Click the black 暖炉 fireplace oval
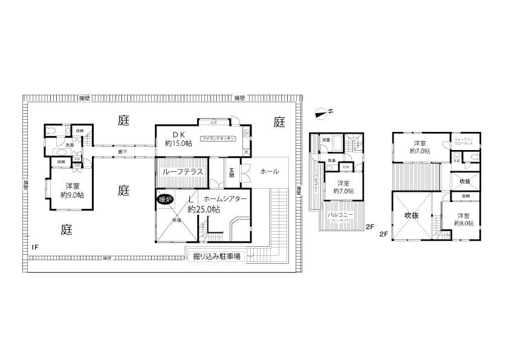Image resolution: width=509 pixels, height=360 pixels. tap(164, 199)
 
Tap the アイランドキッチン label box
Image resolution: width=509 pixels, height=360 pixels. tap(218, 138)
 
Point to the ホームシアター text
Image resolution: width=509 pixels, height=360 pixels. tap(225, 198)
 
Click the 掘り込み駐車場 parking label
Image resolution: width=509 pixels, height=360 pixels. tap(216, 256)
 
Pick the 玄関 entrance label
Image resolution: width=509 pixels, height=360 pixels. tap(232, 171)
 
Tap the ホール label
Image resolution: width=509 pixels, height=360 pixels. tap(269, 171)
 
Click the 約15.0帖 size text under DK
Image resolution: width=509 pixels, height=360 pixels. tap(178, 143)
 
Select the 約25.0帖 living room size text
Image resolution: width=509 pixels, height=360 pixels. tap(203, 209)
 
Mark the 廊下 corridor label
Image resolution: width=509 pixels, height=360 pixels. tap(122, 152)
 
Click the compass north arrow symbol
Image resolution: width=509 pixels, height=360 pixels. tap(322, 112)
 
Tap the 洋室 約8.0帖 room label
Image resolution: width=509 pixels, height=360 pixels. tap(464, 220)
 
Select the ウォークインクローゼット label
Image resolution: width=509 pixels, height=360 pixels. tap(464, 140)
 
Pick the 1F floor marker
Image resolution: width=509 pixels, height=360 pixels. tap(36, 247)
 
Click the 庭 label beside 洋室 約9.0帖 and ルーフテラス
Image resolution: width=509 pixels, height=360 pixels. tap(123, 191)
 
